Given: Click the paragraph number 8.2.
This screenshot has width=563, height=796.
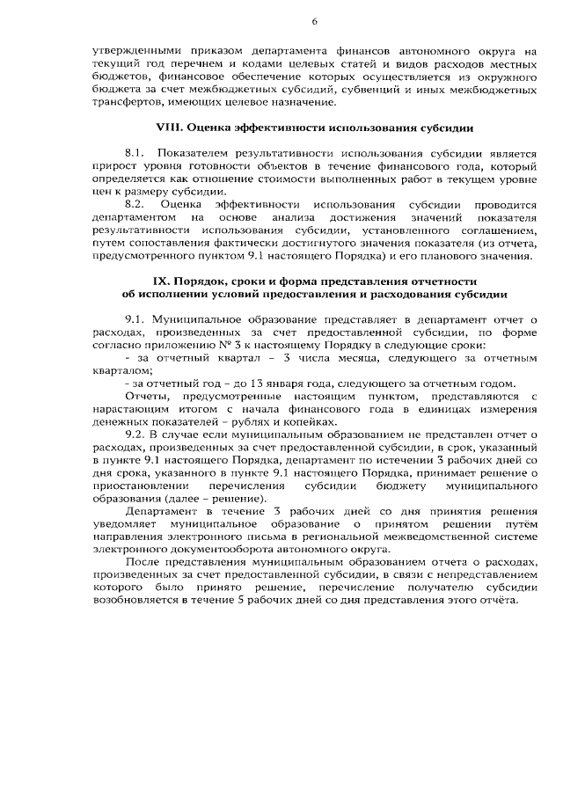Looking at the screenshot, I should tap(136, 205).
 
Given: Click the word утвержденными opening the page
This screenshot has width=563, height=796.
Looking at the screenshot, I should tap(135, 52).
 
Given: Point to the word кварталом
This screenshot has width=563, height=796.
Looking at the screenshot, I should tap(122, 371).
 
